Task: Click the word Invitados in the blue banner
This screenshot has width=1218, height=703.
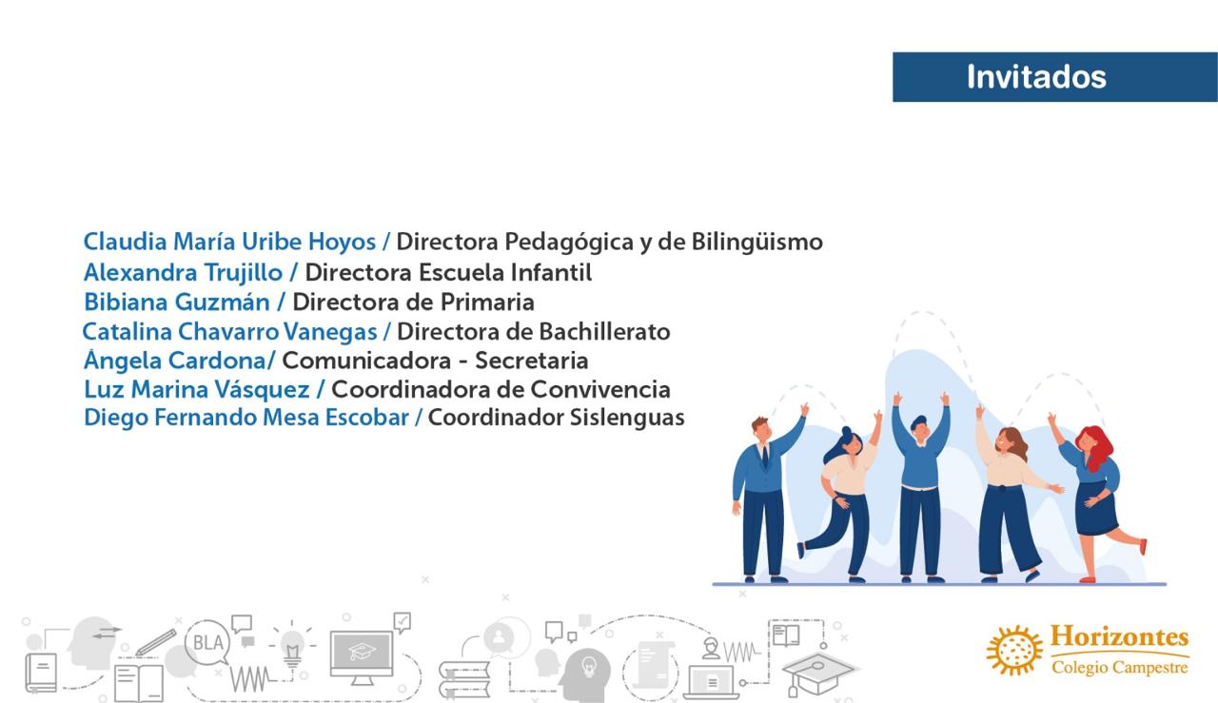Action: (x=1036, y=77)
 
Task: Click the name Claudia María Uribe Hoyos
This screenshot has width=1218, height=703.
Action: (x=229, y=242)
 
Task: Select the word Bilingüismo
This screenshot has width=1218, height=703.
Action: (x=756, y=243)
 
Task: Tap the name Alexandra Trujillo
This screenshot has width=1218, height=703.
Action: (x=184, y=273)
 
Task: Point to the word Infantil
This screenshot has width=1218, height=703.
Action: (x=551, y=272)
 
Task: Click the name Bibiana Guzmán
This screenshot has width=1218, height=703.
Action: (x=177, y=303)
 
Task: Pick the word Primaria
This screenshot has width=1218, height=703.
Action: (x=487, y=303)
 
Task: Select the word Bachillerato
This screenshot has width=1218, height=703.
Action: (x=604, y=332)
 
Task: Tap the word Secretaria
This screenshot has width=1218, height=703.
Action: (x=532, y=361)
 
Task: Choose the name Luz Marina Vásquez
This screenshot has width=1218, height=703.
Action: (x=197, y=390)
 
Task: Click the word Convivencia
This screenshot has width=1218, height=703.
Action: (x=600, y=390)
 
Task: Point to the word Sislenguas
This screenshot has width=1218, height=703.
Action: (x=627, y=419)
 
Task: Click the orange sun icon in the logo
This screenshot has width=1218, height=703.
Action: (x=1014, y=651)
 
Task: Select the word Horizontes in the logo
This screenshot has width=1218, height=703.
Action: (x=1119, y=636)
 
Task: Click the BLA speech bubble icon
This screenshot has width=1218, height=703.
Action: (x=208, y=643)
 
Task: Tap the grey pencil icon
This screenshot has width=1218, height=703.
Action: (x=156, y=642)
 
